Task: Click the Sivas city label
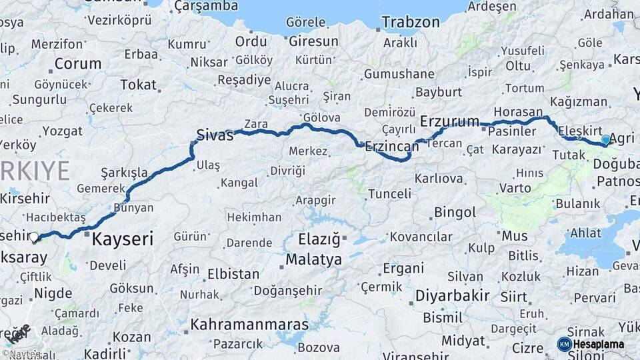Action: point(215,135)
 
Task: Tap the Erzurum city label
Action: point(450,121)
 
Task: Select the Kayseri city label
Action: point(123,238)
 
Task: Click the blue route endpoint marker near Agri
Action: point(605,140)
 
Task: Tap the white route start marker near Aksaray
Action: point(34,237)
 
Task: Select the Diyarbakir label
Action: point(453,295)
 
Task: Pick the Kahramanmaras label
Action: point(249,325)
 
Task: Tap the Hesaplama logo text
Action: point(599,344)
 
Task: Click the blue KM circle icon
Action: point(564,344)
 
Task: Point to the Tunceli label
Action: point(389,194)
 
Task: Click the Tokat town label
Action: point(138,85)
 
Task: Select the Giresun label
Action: point(313,41)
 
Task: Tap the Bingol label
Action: point(455,213)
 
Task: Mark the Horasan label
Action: point(518,111)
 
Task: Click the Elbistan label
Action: point(233,273)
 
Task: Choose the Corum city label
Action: point(78,64)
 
